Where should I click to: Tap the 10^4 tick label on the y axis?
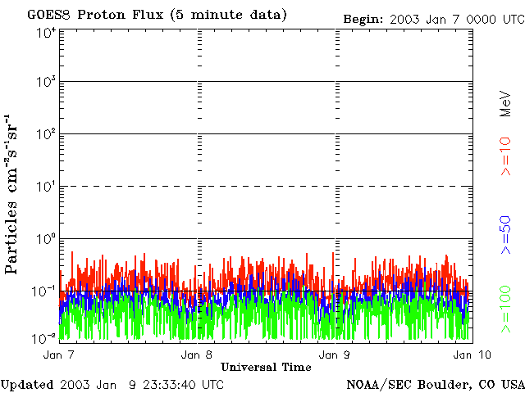46,32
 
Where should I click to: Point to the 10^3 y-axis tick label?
46,83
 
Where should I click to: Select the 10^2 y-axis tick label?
46,134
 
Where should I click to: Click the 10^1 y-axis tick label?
46,187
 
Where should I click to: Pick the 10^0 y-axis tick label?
46,239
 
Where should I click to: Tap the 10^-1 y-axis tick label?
45,291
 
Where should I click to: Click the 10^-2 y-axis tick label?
45,337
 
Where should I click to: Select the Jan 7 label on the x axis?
58,355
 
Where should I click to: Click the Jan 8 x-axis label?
197,355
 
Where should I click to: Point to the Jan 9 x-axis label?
332,355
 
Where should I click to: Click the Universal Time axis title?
266,367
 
